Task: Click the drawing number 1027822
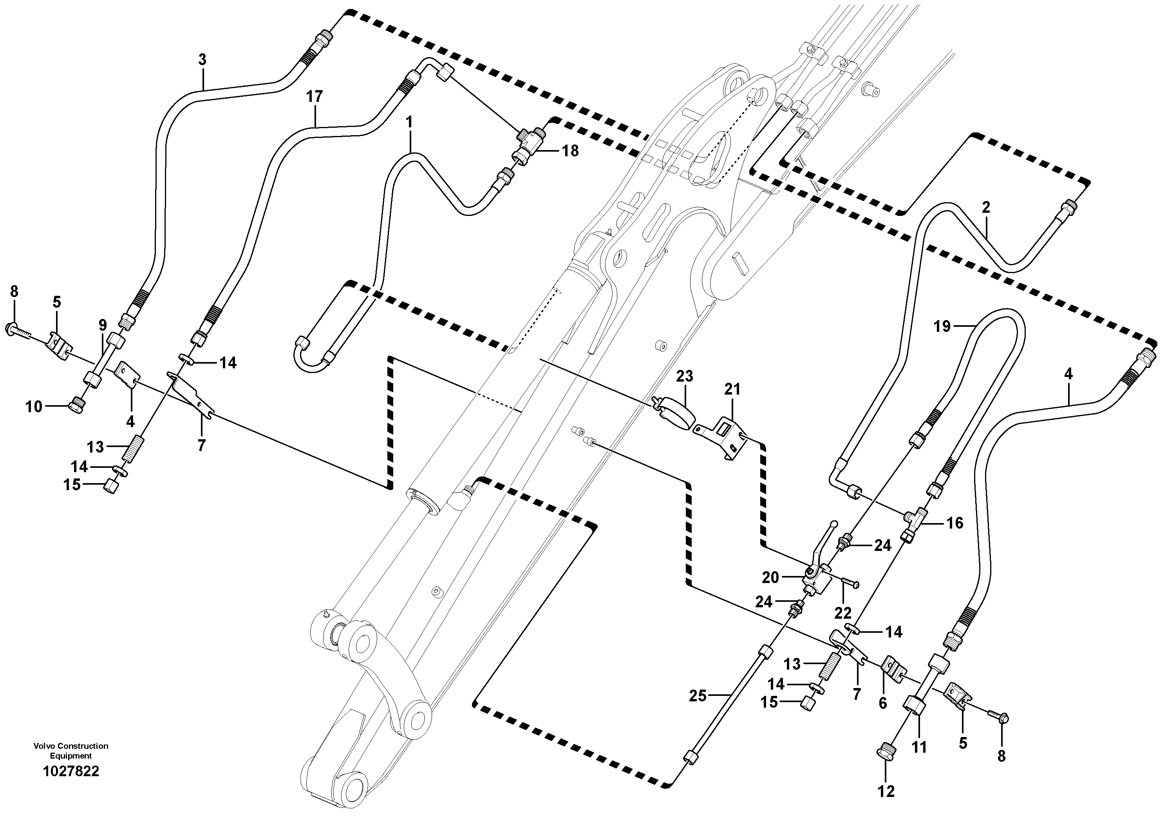tap(71, 771)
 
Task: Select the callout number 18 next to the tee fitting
tap(570, 151)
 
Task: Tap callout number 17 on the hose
tap(315, 96)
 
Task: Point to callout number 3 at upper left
tap(202, 60)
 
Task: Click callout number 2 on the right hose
tap(986, 207)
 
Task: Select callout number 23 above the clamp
tap(685, 377)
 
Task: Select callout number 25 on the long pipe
tap(698, 696)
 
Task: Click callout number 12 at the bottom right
tap(886, 791)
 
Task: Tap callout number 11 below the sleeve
tap(920, 747)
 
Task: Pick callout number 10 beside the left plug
tap(34, 407)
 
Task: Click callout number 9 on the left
tap(103, 324)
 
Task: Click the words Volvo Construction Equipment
tap(71, 750)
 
